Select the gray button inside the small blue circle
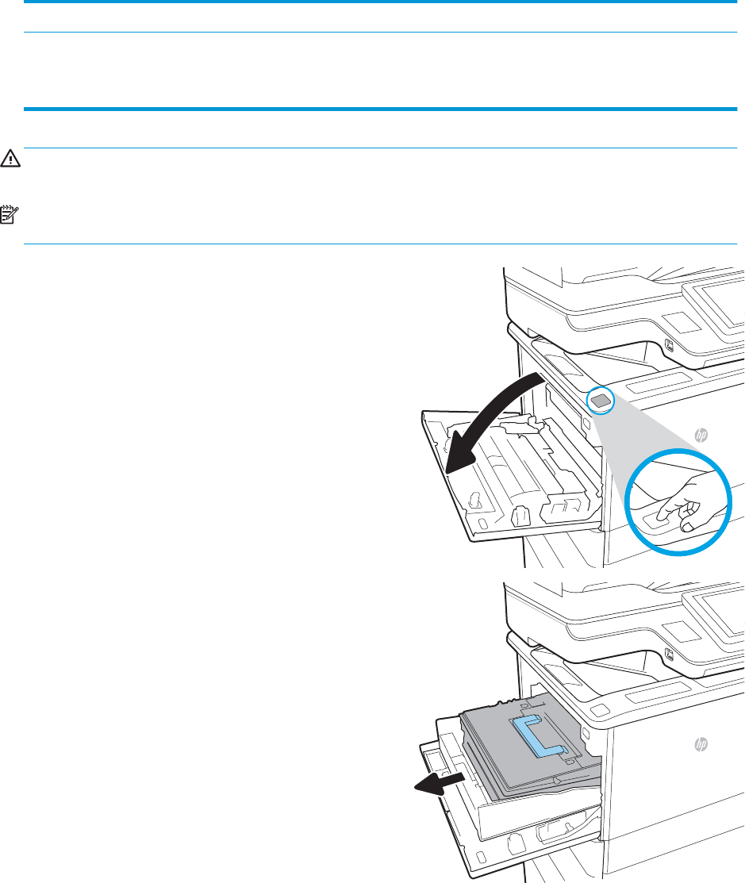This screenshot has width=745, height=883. [601, 401]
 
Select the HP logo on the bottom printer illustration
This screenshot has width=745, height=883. [701, 744]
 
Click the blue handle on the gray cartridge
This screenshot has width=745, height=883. [538, 735]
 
